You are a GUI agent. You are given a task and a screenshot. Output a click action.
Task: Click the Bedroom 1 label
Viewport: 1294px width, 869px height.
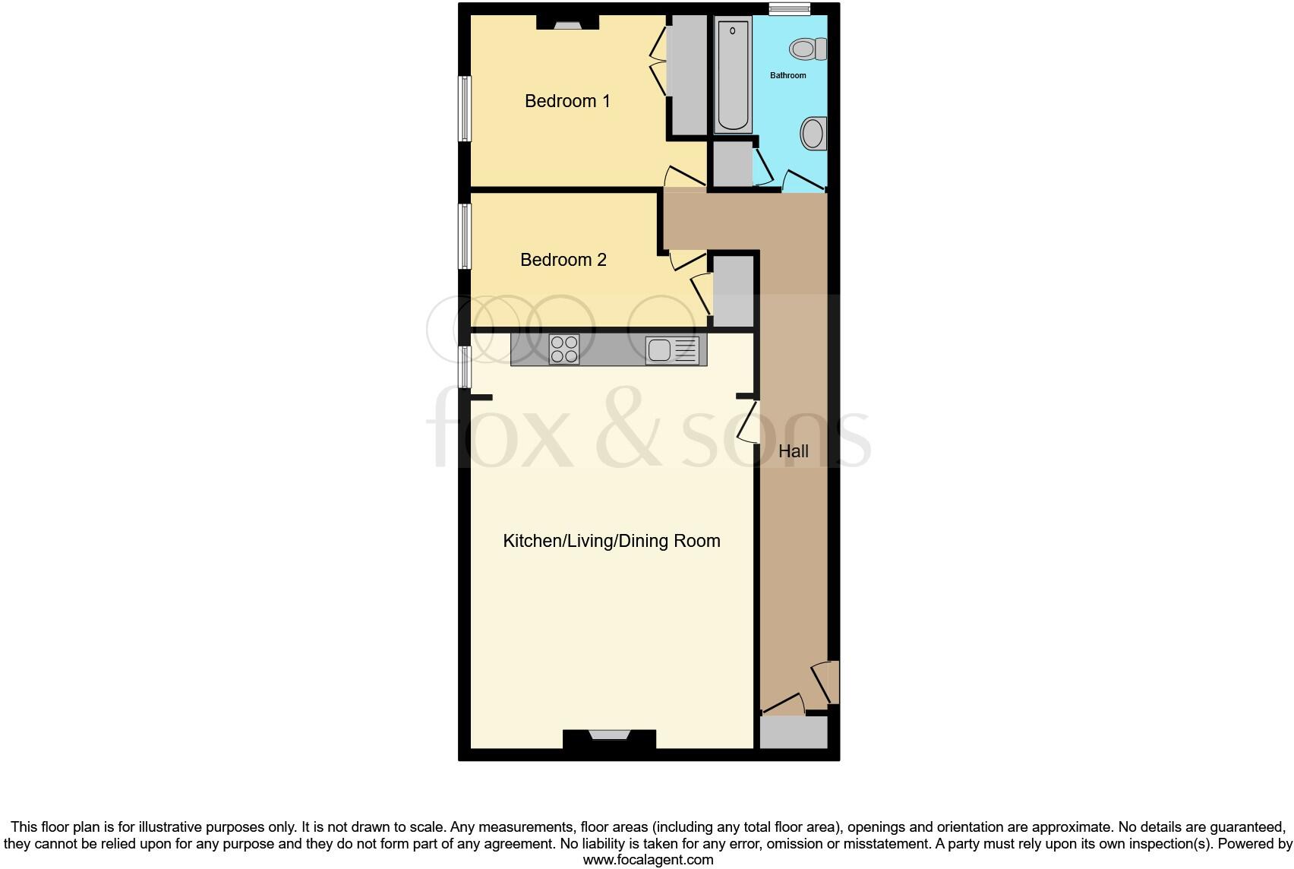pyautogui.click(x=567, y=101)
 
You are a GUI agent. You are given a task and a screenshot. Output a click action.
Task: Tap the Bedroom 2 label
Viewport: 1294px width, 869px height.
pyautogui.click(x=563, y=260)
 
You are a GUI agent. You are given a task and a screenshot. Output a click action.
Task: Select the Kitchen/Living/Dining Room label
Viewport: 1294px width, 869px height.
pyautogui.click(x=611, y=541)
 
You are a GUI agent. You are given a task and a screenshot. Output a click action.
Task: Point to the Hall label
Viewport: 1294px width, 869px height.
pyautogui.click(x=794, y=451)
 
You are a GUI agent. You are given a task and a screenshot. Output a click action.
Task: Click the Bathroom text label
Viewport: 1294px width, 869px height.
pyautogui.click(x=787, y=75)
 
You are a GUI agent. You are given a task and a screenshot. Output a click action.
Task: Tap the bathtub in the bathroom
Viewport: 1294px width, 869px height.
pyautogui.click(x=733, y=76)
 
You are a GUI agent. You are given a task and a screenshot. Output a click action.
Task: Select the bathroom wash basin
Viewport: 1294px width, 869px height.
pyautogui.click(x=813, y=134)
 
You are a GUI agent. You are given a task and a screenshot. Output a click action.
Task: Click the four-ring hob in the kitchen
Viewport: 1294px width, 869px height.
pyautogui.click(x=563, y=349)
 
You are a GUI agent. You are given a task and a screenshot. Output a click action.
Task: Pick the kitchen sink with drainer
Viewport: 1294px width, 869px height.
pyautogui.click(x=671, y=350)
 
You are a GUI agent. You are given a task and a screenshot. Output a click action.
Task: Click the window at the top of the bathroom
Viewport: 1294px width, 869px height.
pyautogui.click(x=788, y=9)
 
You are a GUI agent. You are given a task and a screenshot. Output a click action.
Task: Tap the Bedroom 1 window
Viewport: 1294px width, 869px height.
pyautogui.click(x=464, y=108)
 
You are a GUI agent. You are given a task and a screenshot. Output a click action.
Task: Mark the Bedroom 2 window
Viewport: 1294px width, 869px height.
pyautogui.click(x=464, y=235)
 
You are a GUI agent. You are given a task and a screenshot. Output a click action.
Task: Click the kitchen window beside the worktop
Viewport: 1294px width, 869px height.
pyautogui.click(x=464, y=366)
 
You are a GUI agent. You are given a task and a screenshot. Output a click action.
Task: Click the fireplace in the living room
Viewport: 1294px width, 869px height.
pyautogui.click(x=609, y=738)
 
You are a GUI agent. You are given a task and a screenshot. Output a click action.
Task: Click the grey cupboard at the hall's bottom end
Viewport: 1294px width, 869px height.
pyautogui.click(x=794, y=732)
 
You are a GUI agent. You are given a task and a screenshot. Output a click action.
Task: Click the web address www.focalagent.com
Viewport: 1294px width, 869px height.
pyautogui.click(x=648, y=860)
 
